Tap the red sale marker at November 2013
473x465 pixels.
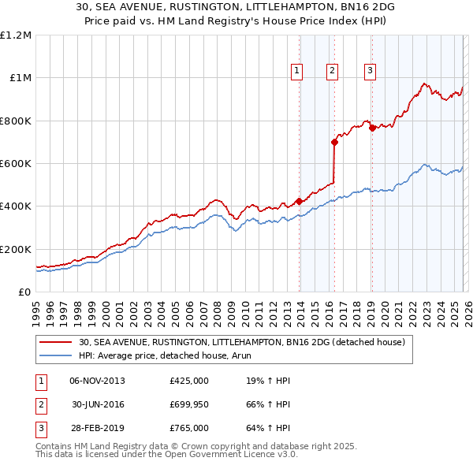click(300, 201)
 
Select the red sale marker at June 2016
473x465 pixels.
click(334, 143)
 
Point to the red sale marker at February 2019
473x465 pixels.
click(372, 128)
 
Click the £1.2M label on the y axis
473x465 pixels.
click(16, 35)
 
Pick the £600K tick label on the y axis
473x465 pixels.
click(16, 164)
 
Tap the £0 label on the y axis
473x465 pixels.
click(25, 292)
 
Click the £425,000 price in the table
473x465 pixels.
click(189, 381)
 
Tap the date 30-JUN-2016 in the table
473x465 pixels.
click(99, 404)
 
